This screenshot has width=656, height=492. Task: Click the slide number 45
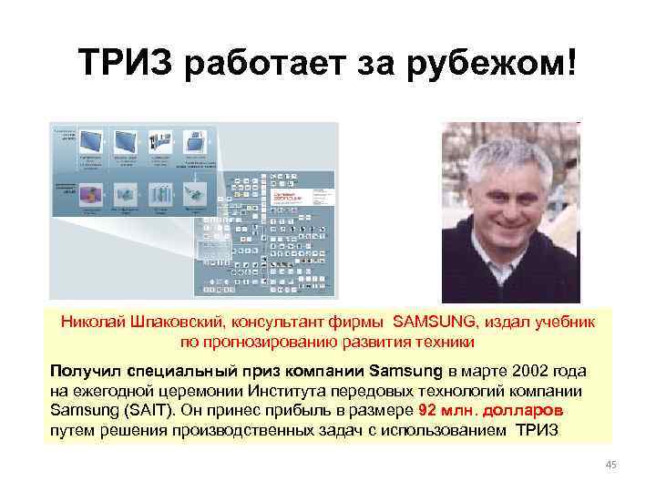click(x=611, y=466)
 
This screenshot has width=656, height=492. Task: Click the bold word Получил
click(x=86, y=372)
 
